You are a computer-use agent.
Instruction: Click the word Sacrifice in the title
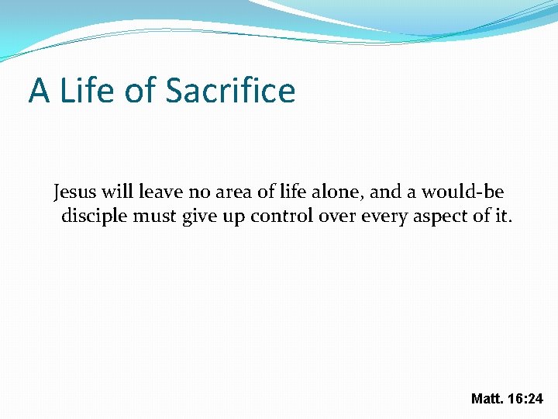point(230,90)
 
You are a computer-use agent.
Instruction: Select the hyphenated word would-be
point(463,191)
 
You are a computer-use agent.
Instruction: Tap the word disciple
point(94,216)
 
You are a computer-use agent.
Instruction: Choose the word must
point(155,216)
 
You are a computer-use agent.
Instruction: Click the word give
point(199,216)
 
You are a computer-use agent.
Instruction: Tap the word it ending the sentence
point(503,216)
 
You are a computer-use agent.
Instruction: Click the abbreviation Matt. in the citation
point(487,399)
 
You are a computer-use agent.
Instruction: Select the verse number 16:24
point(526,399)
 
